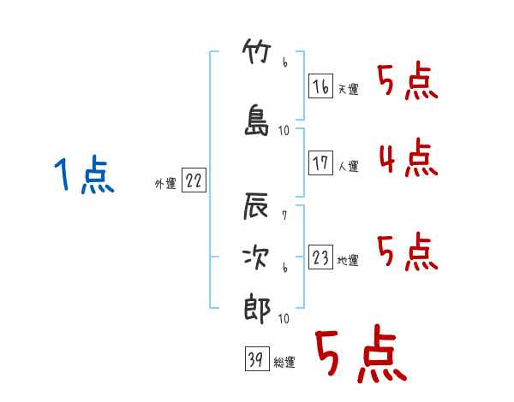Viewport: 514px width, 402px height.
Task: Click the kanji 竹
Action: pos(257,51)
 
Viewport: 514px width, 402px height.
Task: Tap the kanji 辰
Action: pos(255,206)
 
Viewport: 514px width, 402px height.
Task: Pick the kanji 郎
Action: pos(257,308)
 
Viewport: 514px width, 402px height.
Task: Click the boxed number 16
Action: pos(320,86)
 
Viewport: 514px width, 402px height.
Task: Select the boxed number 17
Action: pos(320,163)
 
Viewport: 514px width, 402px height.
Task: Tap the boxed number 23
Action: pos(320,257)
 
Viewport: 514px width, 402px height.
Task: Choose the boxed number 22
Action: pos(194,180)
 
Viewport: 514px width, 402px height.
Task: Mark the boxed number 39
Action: pos(257,358)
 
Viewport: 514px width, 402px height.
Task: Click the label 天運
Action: pos(348,89)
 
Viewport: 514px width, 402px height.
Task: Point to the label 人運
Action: pos(348,166)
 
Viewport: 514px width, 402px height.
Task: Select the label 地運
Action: pos(348,260)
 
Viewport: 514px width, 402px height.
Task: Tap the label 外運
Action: pos(165,184)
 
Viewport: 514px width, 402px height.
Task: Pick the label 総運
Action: pos(284,362)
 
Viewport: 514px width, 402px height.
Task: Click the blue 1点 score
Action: pos(84,174)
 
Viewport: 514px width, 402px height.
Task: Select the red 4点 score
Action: pos(409,157)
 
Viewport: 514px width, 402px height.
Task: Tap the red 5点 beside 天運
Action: pos(408,80)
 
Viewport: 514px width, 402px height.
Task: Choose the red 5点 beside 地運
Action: pos(408,251)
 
